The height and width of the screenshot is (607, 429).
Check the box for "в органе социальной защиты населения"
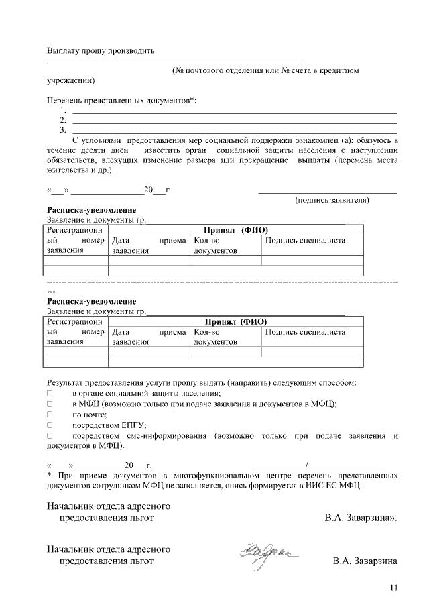tap(50, 394)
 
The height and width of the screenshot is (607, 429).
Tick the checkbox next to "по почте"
tap(50, 415)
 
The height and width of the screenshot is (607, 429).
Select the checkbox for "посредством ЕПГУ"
tap(50, 425)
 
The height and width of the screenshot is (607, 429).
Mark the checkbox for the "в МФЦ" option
tap(50, 404)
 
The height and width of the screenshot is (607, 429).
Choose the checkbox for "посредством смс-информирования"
tap(50, 436)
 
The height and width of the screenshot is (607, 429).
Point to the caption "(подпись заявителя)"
tap(332, 200)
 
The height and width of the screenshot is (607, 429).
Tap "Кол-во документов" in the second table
tap(215, 337)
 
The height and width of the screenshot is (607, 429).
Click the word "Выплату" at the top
tap(63, 50)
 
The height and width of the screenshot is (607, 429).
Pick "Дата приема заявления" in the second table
tap(149, 337)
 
